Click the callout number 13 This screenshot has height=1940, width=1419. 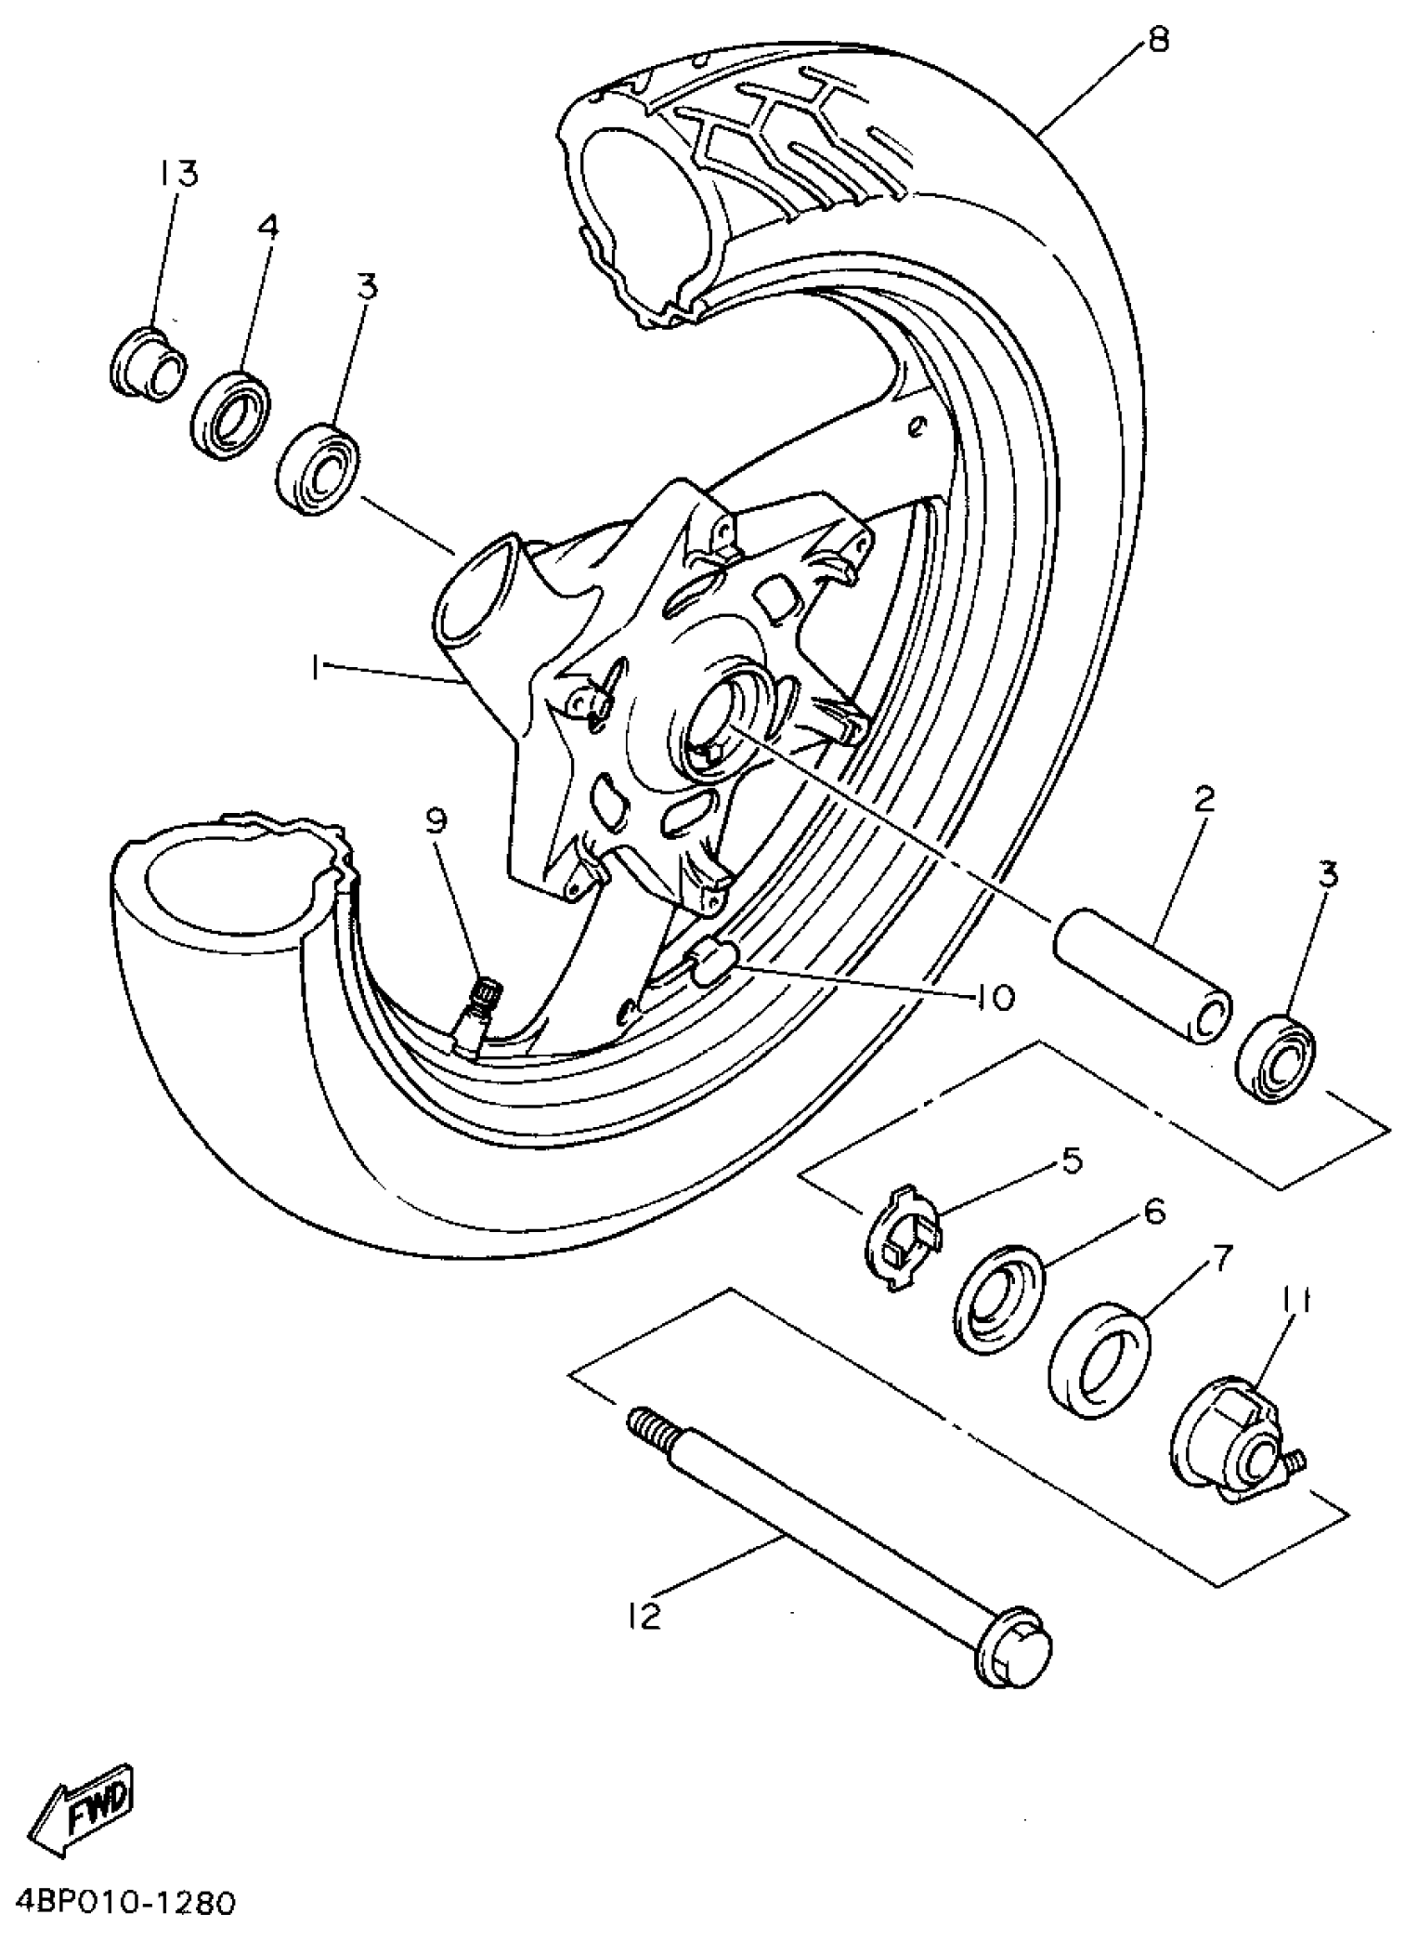(179, 174)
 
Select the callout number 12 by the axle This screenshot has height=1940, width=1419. (645, 1617)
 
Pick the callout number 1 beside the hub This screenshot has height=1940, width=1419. (316, 667)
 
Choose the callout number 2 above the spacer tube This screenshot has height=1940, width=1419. (1204, 801)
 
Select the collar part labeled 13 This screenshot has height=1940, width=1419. (148, 361)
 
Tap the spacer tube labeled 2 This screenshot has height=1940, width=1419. (1143, 977)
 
